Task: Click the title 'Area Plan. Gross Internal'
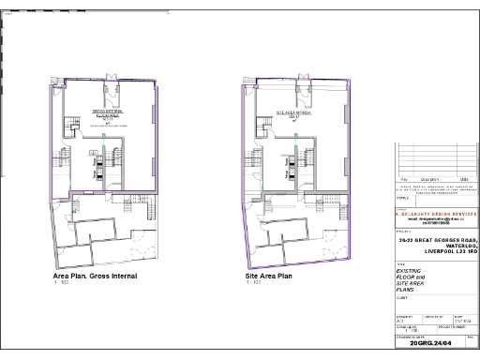[x=95, y=277]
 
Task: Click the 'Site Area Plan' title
[x=270, y=277]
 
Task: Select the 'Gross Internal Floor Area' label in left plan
[x=107, y=115]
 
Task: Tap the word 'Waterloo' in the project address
[x=457, y=246]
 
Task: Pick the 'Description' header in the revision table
[x=428, y=178]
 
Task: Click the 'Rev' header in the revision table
[x=404, y=178]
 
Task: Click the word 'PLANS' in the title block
[x=407, y=290]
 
